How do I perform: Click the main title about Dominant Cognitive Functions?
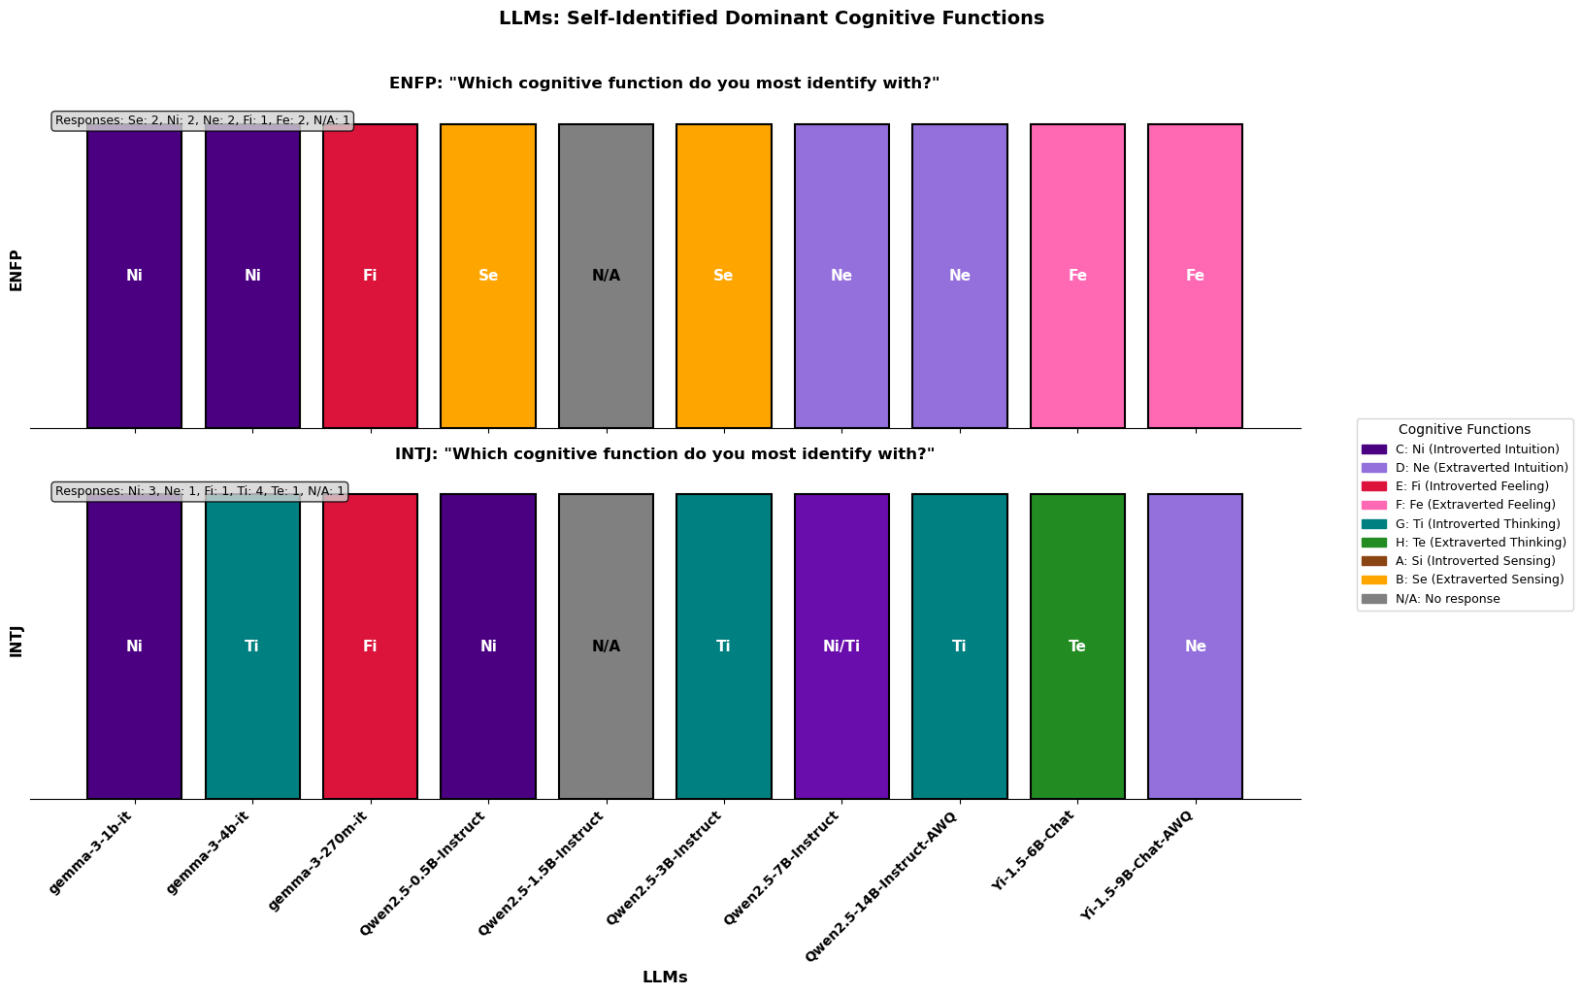[x=771, y=18]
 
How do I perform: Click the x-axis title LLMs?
[x=665, y=978]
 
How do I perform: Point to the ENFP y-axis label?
[x=16, y=271]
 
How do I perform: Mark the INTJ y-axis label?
[x=16, y=642]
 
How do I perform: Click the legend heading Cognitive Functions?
[x=1465, y=429]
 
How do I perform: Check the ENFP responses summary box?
[x=202, y=120]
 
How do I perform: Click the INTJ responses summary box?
[x=199, y=491]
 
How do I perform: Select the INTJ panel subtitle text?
[x=665, y=454]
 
